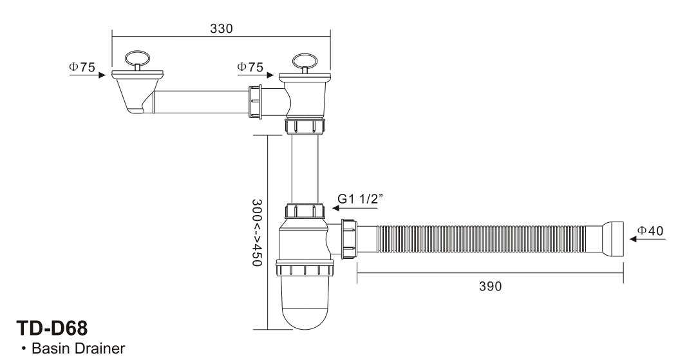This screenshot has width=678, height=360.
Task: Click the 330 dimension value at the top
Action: (x=221, y=28)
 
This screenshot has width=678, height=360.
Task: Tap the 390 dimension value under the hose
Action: (x=491, y=287)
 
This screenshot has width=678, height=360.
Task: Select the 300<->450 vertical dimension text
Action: (x=257, y=232)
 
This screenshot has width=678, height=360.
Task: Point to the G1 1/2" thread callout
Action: (x=360, y=199)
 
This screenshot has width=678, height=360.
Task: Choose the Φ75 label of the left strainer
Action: (x=82, y=67)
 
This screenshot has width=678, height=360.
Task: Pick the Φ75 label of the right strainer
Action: (x=250, y=67)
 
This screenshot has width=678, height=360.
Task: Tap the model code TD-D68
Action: (x=52, y=328)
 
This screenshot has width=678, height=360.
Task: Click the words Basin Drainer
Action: (x=79, y=348)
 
